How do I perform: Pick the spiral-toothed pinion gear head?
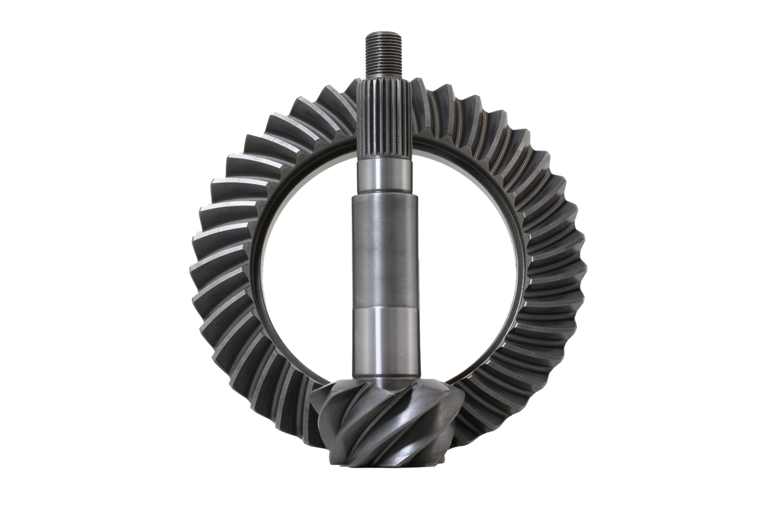click(x=387, y=429)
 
